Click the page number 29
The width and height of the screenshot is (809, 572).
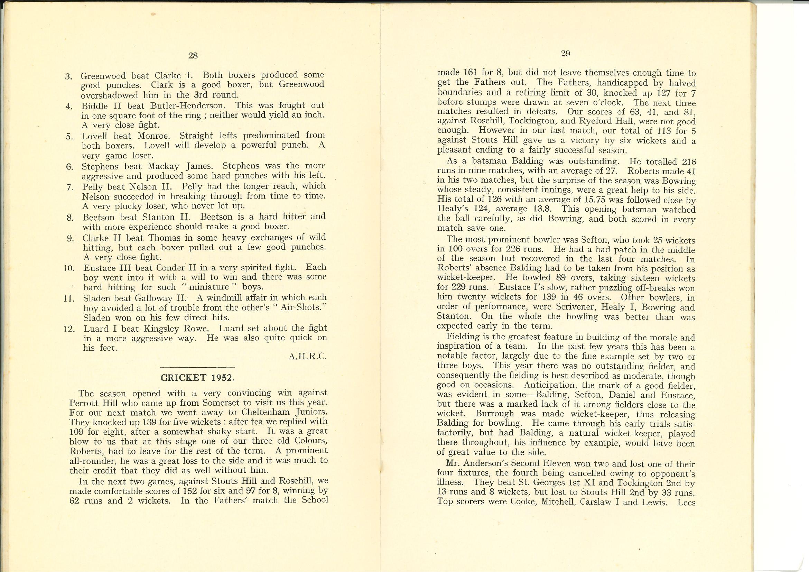(x=565, y=54)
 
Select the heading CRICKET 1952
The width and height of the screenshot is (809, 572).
(x=197, y=378)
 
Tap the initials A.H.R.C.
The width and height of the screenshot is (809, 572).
(x=308, y=357)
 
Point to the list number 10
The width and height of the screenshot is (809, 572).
(x=69, y=268)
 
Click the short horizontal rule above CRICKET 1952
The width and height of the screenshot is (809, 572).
(x=197, y=367)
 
